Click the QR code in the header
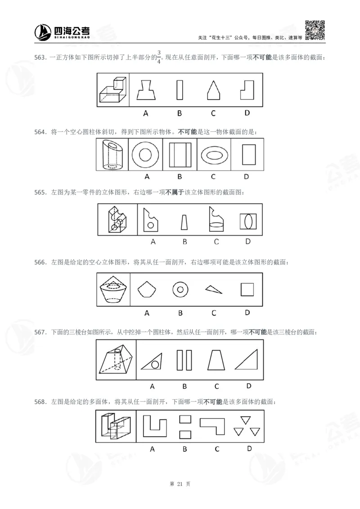pyautogui.click(x=315, y=30)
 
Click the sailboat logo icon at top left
pyautogui.click(x=43, y=31)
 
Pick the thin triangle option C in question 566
pyautogui.click(x=213, y=289)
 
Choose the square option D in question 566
pyautogui.click(x=247, y=289)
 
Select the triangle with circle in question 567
pyautogui.click(x=152, y=360)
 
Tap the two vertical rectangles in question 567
pyautogui.click(x=184, y=360)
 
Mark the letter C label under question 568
pyautogui.click(x=216, y=448)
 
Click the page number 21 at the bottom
pyautogui.click(x=180, y=484)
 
